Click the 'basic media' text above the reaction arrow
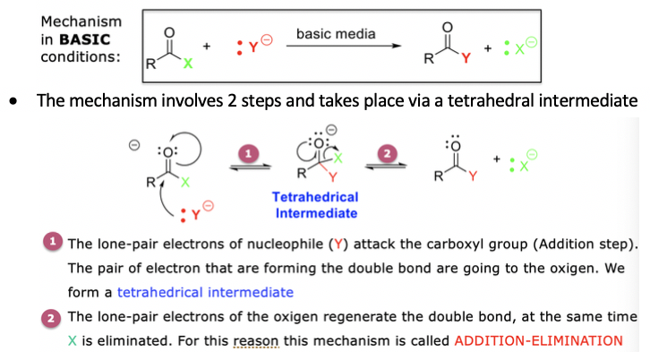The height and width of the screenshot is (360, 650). (x=337, y=34)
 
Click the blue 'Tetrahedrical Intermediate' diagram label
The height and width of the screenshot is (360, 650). (x=317, y=205)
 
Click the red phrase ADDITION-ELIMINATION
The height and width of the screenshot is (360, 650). (x=537, y=340)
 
